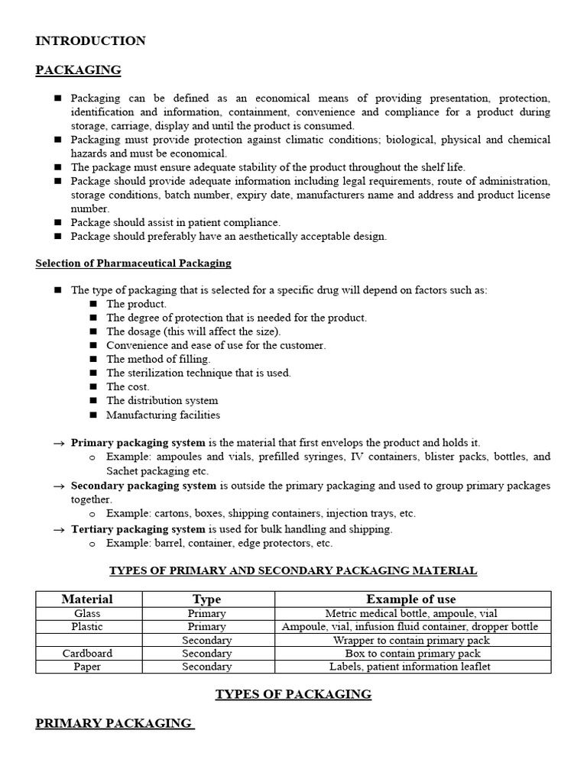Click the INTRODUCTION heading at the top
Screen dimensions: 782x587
(x=90, y=41)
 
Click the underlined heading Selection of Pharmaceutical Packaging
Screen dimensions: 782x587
(x=133, y=263)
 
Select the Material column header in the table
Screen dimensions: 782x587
(x=87, y=599)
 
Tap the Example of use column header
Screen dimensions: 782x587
(x=410, y=599)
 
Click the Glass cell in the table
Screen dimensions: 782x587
(x=87, y=613)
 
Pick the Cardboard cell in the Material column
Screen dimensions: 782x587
(x=87, y=654)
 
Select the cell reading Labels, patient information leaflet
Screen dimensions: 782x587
(x=410, y=667)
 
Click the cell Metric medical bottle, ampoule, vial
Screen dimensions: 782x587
(x=410, y=613)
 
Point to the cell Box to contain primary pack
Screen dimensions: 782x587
(x=410, y=654)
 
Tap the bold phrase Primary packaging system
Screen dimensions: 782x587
(x=138, y=443)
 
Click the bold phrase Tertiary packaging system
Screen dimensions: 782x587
(x=138, y=529)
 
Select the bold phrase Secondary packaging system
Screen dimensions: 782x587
(x=144, y=486)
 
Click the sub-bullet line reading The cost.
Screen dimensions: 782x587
(x=128, y=386)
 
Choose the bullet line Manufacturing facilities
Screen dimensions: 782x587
(x=163, y=415)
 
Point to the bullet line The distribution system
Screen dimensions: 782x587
(x=162, y=401)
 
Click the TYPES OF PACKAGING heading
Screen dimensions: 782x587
(x=293, y=694)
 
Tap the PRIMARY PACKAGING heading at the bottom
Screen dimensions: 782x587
(x=114, y=723)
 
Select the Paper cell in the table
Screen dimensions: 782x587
(x=87, y=667)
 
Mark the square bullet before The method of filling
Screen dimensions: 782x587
(x=93, y=359)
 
